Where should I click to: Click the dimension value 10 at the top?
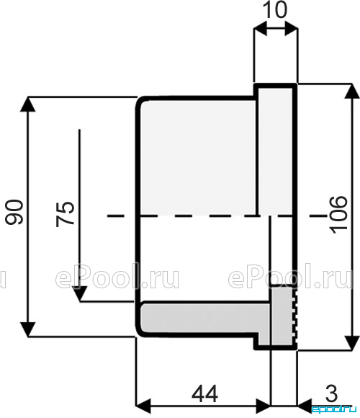tap(275, 9)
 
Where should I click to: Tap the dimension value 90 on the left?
tap(14, 212)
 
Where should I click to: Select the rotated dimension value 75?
tap(66, 214)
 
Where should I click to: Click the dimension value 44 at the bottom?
tap(204, 394)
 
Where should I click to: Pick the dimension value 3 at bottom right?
tap(331, 393)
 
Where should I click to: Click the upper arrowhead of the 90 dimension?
tap(28, 104)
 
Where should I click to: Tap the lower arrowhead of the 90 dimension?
tap(28, 329)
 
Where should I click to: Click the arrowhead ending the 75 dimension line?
tap(80, 294)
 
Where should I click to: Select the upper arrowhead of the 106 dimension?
tap(352, 92)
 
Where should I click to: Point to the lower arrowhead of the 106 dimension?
tap(352, 342)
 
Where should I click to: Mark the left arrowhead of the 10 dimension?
tap(261, 28)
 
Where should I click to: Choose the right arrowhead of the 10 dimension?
tap(291, 28)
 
